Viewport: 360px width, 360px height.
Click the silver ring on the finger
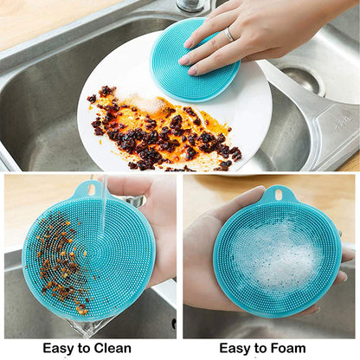(x=229, y=35)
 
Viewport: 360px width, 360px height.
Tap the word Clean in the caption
(x=113, y=349)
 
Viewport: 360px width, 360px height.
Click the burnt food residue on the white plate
(x=160, y=134)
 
